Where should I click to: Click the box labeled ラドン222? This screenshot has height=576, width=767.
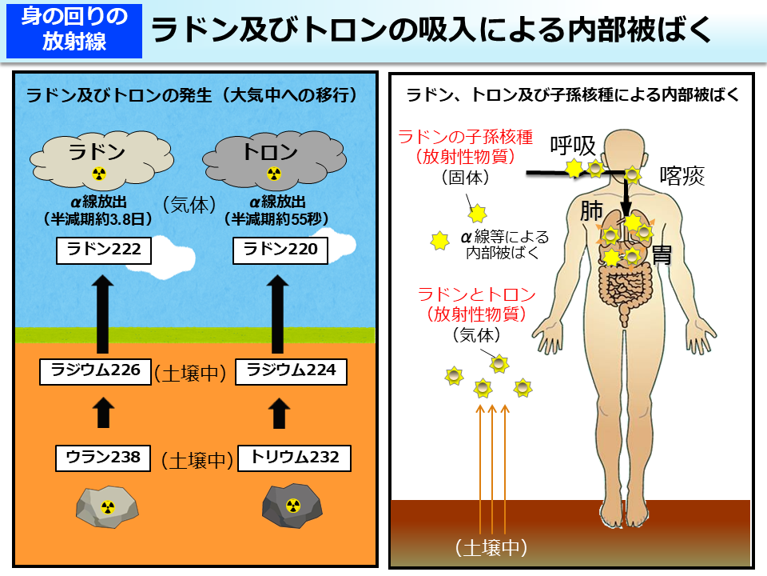[x=104, y=250]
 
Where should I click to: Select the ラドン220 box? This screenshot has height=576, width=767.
[x=280, y=250]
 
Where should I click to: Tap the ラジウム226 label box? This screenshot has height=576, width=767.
[x=96, y=370]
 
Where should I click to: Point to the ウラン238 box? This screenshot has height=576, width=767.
[x=103, y=458]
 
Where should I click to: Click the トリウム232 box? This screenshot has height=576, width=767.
[x=294, y=458]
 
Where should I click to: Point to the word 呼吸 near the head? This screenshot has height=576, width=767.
[x=573, y=146]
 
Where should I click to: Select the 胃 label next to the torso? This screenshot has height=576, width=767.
[x=662, y=254]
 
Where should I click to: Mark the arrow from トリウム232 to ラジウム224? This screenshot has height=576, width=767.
[x=279, y=414]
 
